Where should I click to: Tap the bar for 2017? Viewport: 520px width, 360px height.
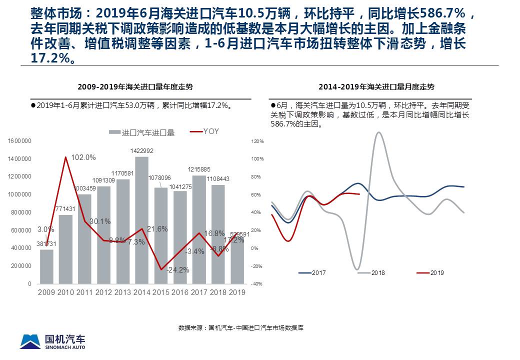(x=198, y=229)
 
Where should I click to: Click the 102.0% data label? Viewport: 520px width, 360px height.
(x=83, y=157)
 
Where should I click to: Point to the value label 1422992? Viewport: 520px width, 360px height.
(x=142, y=151)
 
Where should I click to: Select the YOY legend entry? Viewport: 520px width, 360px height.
(x=205, y=131)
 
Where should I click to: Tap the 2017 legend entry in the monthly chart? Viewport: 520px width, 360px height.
(x=312, y=273)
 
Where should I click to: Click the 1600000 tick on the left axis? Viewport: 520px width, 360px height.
(x=20, y=141)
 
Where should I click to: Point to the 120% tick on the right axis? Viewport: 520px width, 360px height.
(x=257, y=141)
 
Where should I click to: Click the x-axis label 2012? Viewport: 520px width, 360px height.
(x=103, y=292)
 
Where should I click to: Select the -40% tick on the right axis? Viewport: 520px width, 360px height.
(x=257, y=284)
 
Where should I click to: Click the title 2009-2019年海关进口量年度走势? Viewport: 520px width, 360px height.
(x=135, y=86)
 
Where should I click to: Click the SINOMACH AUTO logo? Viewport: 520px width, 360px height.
(x=53, y=341)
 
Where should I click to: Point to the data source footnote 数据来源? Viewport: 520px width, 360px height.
(x=241, y=328)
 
